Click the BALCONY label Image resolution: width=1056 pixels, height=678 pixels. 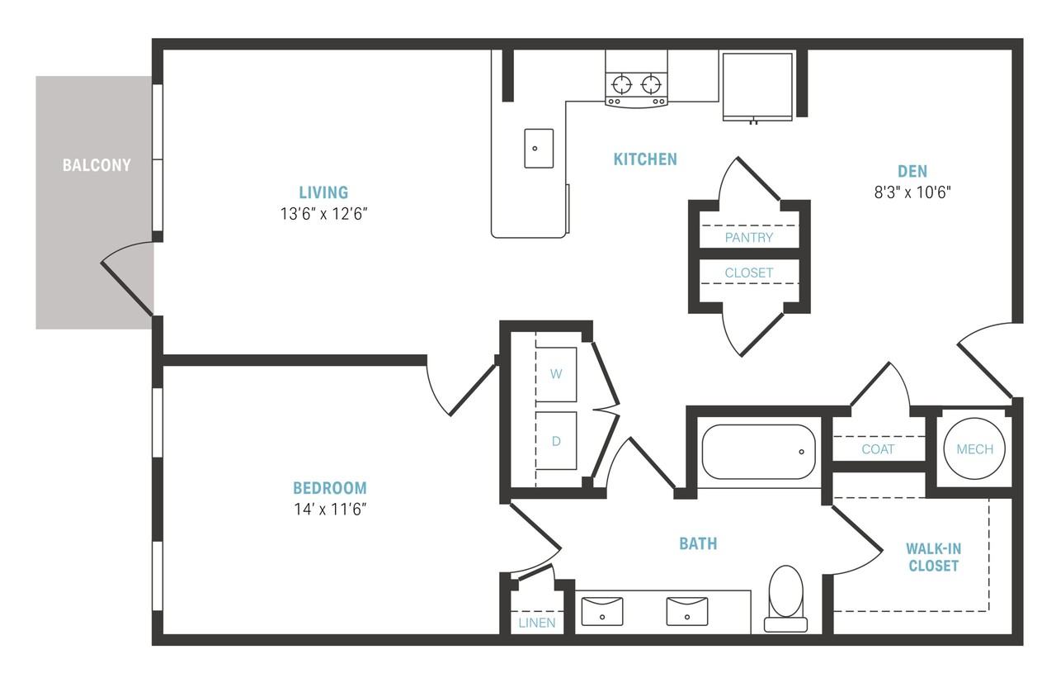97,165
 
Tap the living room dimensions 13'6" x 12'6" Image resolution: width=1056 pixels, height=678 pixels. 324,214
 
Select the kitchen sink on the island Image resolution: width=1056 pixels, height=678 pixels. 539,148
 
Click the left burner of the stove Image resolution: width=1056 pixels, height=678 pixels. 622,85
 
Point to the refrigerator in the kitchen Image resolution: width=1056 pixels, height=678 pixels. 757,87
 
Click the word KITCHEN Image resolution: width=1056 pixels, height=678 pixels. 645,159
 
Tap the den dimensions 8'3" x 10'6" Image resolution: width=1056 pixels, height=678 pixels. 912,192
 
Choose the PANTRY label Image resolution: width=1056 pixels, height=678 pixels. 749,237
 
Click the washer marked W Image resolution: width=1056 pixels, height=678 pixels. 556,375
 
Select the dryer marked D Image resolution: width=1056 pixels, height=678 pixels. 556,441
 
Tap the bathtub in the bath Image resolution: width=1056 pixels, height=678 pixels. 758,452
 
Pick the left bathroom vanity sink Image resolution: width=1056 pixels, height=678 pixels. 602,611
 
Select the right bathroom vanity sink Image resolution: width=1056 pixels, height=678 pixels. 687,611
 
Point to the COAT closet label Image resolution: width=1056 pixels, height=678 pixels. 878,449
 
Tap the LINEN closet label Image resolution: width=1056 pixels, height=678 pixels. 537,623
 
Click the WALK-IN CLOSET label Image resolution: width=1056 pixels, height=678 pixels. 933,557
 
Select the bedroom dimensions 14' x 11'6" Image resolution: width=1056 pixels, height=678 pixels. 330,510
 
